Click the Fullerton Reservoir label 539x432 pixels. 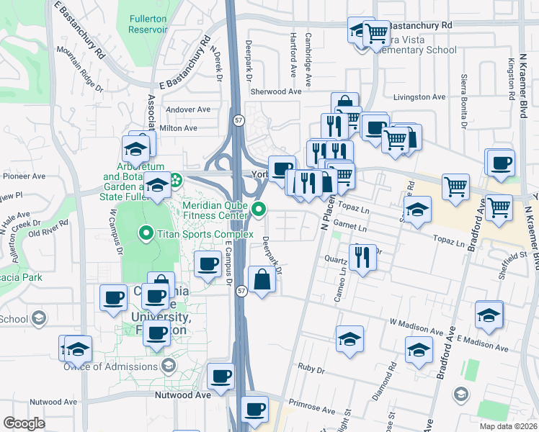[x=148, y=24]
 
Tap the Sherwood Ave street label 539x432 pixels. [x=275, y=91]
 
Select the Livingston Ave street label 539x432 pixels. [x=419, y=96]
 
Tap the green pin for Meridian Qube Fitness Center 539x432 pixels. [x=260, y=210]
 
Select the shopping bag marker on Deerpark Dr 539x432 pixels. [x=262, y=279]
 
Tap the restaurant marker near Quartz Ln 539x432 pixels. [x=362, y=256]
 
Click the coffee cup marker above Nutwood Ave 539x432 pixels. [x=220, y=375]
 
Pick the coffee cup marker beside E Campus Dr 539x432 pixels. [x=208, y=264]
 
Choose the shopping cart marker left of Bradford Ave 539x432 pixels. [x=455, y=187]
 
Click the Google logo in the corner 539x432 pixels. [x=24, y=423]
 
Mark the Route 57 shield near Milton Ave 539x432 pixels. [x=237, y=120]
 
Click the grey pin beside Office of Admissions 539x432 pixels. [x=168, y=364]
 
